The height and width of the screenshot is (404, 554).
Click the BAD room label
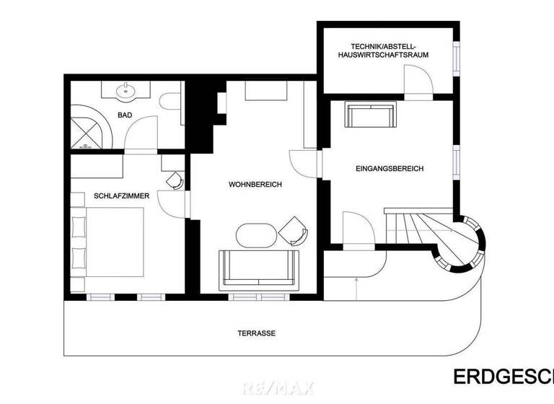coord(125,115)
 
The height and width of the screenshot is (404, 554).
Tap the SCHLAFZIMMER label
coord(121,195)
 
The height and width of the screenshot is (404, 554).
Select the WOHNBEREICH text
coord(255,185)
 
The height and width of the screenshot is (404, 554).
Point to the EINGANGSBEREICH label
coord(390,169)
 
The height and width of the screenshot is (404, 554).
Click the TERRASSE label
coord(256,333)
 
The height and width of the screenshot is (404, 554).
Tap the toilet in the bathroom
coord(170,103)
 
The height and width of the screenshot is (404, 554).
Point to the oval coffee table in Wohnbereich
coord(257,235)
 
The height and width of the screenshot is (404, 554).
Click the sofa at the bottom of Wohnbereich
coord(259,268)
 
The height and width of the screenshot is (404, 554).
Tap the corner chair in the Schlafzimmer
coord(174,180)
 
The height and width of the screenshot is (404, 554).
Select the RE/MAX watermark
coord(278,389)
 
